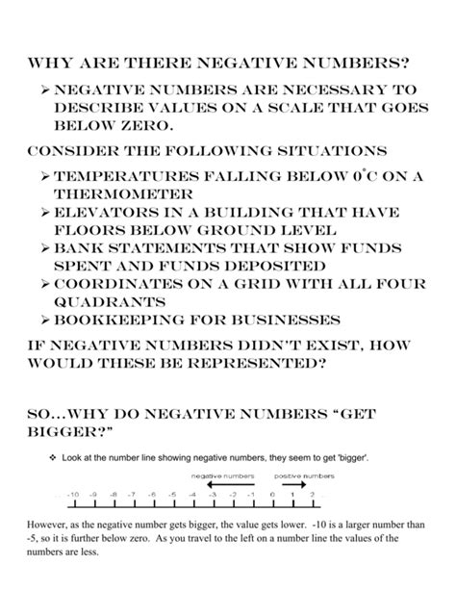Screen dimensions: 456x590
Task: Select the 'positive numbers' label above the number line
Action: [304, 476]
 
